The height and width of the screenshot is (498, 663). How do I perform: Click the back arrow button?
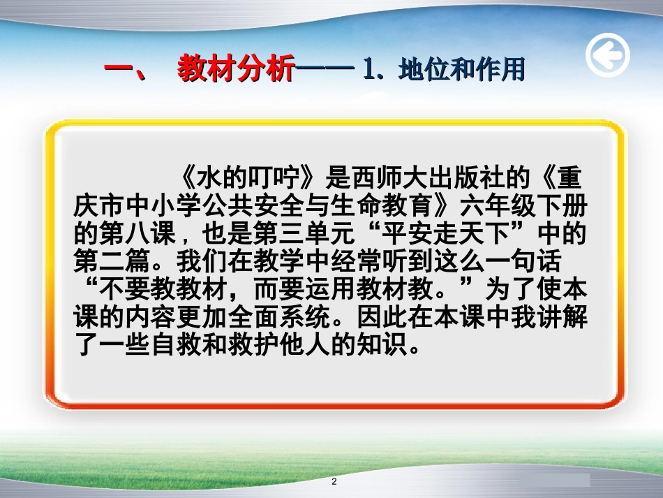point(607,55)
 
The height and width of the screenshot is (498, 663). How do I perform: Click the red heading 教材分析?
point(235,70)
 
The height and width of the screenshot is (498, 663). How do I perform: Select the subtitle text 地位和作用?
point(461,70)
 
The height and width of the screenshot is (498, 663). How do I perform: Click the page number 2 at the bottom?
point(334,482)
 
